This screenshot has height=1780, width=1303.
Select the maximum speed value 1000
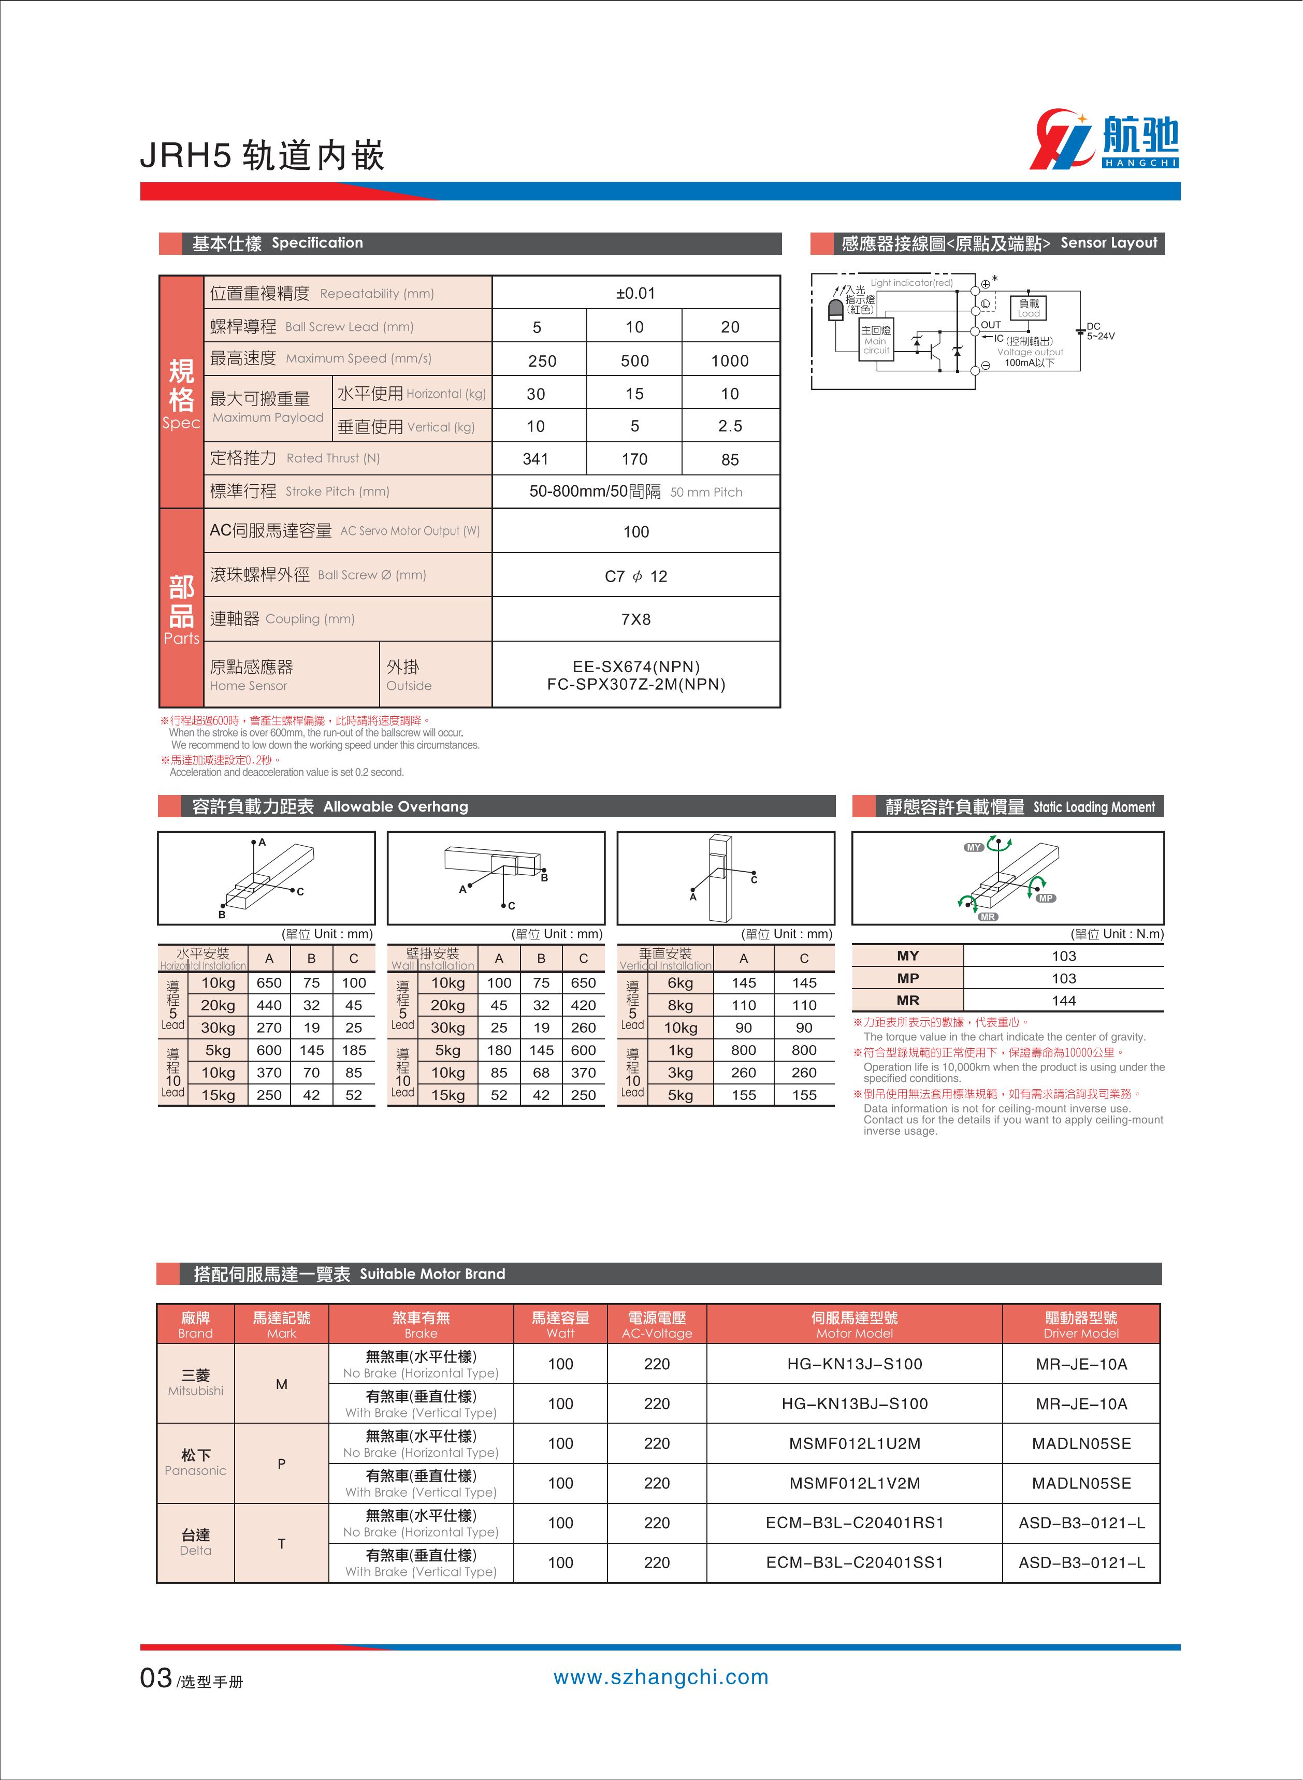(730, 360)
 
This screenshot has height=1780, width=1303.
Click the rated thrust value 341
(535, 459)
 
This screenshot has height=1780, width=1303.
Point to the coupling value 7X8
(636, 619)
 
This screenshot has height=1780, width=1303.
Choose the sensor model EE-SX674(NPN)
(636, 667)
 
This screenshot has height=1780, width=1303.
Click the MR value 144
(1063, 1000)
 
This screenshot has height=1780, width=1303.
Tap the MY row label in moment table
(908, 955)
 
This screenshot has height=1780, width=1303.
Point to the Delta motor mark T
(282, 1543)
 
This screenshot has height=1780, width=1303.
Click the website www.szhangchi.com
(660, 1677)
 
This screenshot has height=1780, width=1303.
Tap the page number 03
(156, 1677)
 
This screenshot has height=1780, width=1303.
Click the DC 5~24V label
(1099, 331)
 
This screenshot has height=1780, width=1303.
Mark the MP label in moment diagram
(1046, 898)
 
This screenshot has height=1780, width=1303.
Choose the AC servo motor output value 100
(636, 531)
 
